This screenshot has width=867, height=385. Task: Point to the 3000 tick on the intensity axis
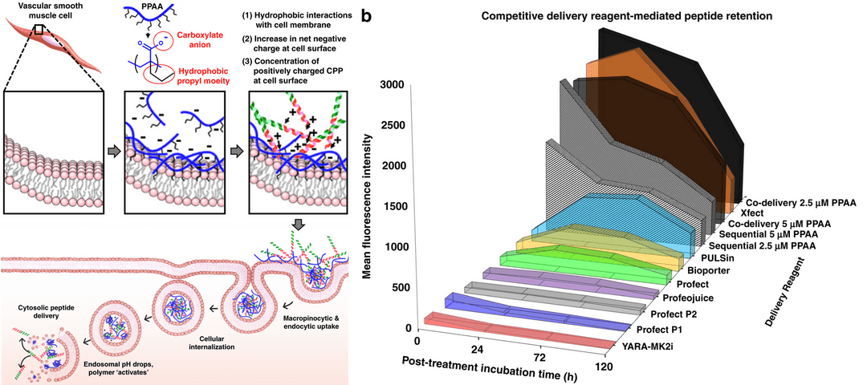pyautogui.click(x=397, y=85)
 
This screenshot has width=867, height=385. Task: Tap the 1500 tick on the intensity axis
pyautogui.click(x=397, y=207)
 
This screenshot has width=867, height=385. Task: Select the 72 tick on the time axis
pyautogui.click(x=540, y=356)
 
